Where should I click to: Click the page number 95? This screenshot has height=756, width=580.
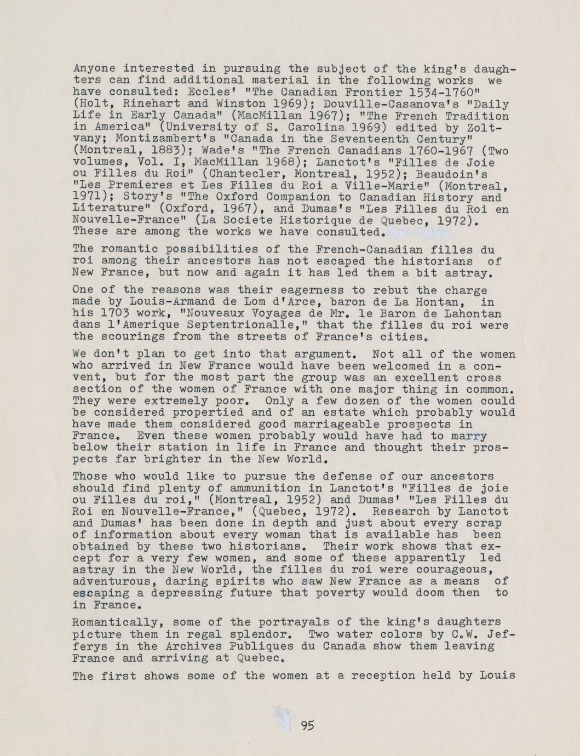[307, 726]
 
